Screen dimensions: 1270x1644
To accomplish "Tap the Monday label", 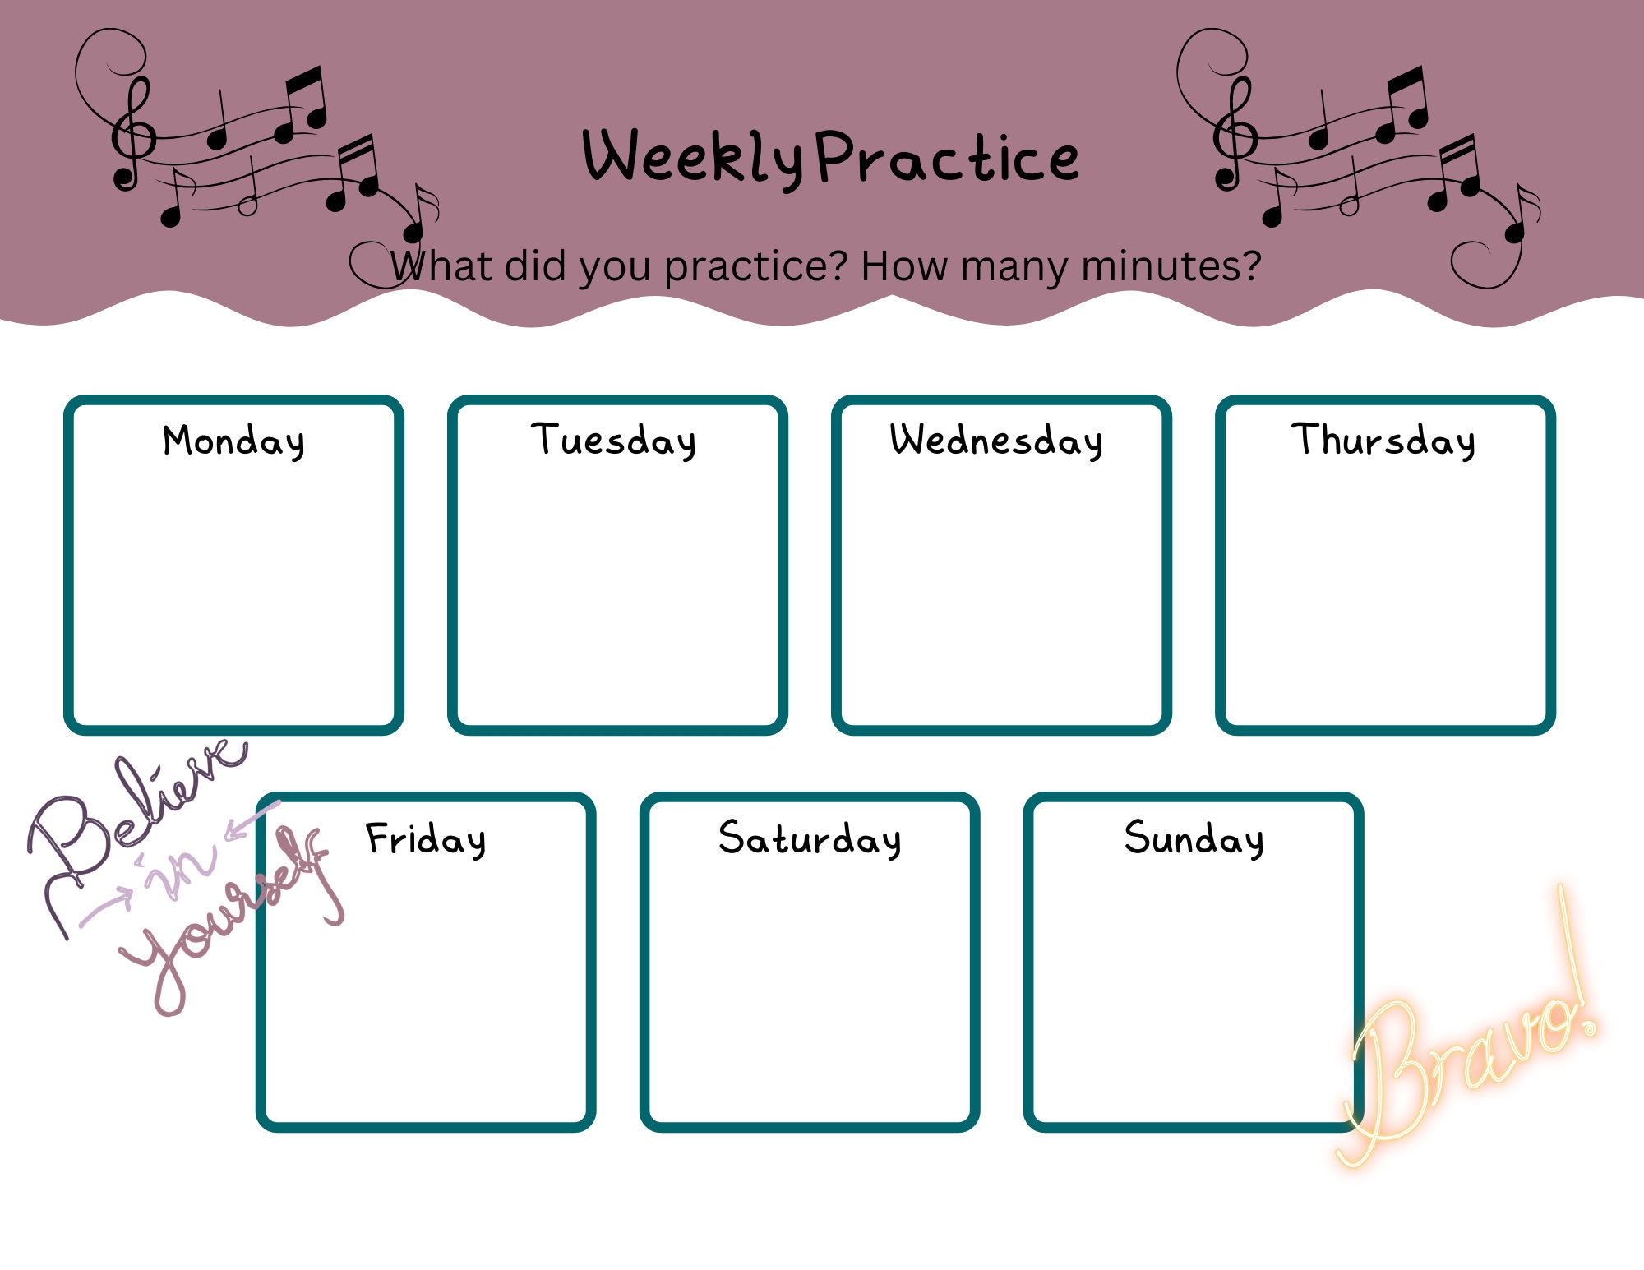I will pyautogui.click(x=233, y=441).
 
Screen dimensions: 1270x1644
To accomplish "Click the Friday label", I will pyautogui.click(x=426, y=839).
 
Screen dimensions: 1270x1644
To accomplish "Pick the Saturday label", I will pyautogui.click(x=810, y=839).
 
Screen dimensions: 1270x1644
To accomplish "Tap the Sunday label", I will pyautogui.click(x=1194, y=839).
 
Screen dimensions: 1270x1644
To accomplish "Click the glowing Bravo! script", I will pyautogui.click(x=1471, y=1052).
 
